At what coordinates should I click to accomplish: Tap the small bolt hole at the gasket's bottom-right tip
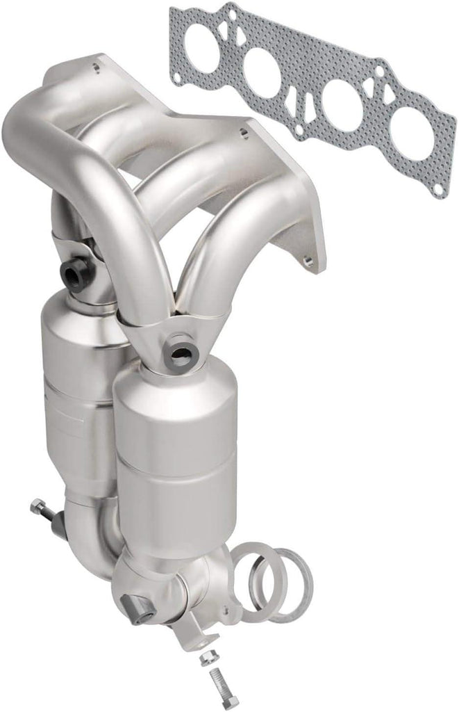point(435,184)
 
